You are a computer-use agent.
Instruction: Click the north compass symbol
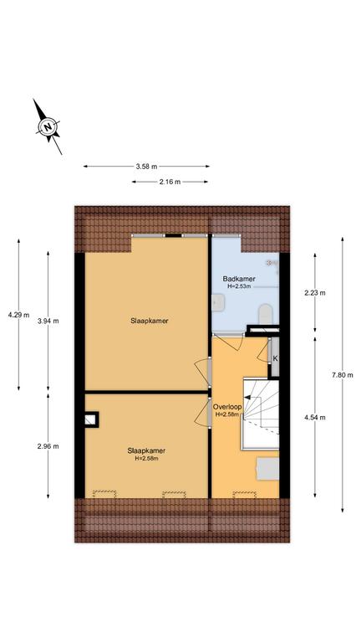coord(48,128)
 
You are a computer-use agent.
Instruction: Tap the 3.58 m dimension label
coord(146,167)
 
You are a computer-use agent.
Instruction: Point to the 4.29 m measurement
coord(18,316)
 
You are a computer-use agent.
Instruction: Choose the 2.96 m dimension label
coord(48,446)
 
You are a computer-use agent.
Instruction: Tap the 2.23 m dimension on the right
coord(315,292)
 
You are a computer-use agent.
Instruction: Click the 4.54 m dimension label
coord(315,417)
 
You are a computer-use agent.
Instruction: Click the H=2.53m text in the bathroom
coord(240,287)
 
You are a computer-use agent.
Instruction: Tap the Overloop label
coord(227,407)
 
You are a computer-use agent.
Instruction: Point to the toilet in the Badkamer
coord(265,312)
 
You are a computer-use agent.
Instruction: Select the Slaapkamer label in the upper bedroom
coord(146,321)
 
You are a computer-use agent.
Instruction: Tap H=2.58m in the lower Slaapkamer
coord(146,458)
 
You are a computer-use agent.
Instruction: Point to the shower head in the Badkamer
coord(270,261)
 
